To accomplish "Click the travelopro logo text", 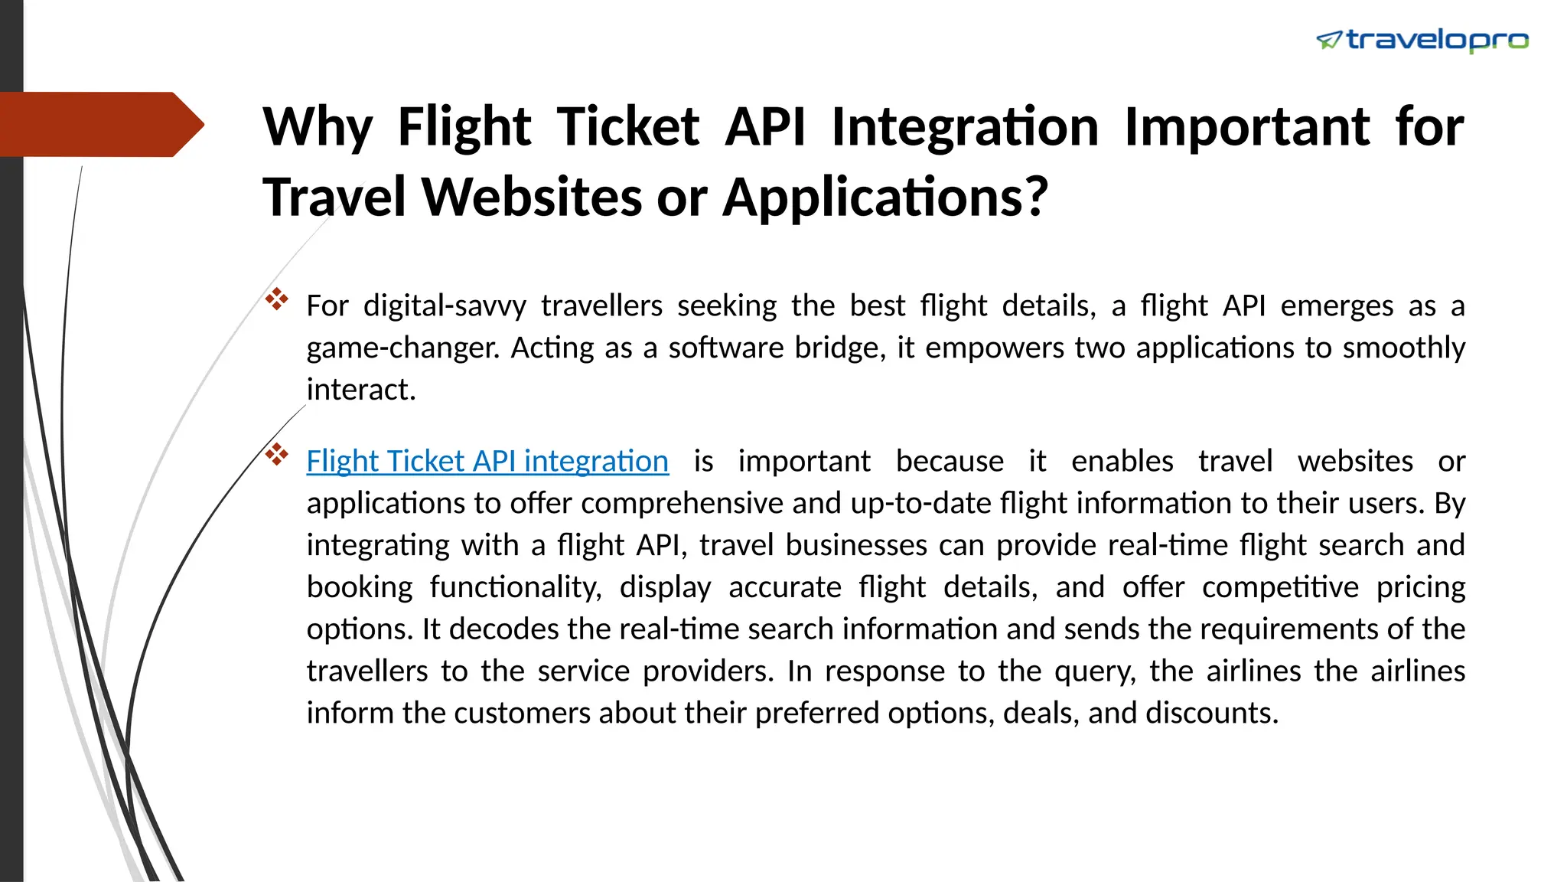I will (1437, 40).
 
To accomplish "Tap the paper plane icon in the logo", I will (1329, 40).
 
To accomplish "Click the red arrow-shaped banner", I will (99, 124).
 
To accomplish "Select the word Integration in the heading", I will (965, 126).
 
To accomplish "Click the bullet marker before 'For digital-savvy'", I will (276, 299).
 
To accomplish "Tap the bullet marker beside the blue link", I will (276, 455).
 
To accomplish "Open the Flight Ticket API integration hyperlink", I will (487, 461).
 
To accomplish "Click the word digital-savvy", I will (445, 305).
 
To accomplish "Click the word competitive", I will (1280, 587).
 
